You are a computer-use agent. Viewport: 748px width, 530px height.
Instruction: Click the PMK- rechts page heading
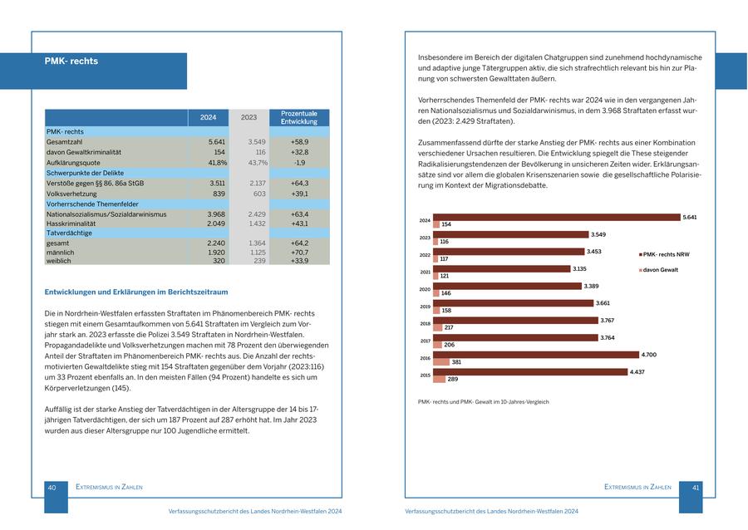71,61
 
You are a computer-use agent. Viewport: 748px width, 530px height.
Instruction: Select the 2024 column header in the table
208,117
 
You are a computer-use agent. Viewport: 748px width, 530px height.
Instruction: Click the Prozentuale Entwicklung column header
298,117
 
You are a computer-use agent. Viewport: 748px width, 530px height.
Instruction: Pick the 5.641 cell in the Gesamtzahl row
216,142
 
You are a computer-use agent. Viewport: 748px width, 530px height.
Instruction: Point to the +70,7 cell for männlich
299,252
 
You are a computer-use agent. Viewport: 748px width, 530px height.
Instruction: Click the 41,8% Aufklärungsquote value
214,163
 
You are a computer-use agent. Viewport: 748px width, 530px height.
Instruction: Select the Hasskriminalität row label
71,223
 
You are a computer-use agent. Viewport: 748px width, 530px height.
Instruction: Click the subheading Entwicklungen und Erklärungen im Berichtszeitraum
136,292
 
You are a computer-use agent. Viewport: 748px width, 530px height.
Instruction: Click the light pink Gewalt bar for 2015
439,379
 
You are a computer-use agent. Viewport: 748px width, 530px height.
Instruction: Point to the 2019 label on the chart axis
425,307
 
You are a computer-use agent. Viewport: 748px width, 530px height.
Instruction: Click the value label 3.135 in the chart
579,268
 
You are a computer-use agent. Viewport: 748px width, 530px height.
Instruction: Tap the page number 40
52,488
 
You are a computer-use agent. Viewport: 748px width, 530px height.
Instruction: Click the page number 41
696,488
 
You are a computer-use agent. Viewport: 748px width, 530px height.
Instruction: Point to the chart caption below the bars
483,402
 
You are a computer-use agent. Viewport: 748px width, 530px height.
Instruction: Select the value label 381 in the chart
456,362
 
